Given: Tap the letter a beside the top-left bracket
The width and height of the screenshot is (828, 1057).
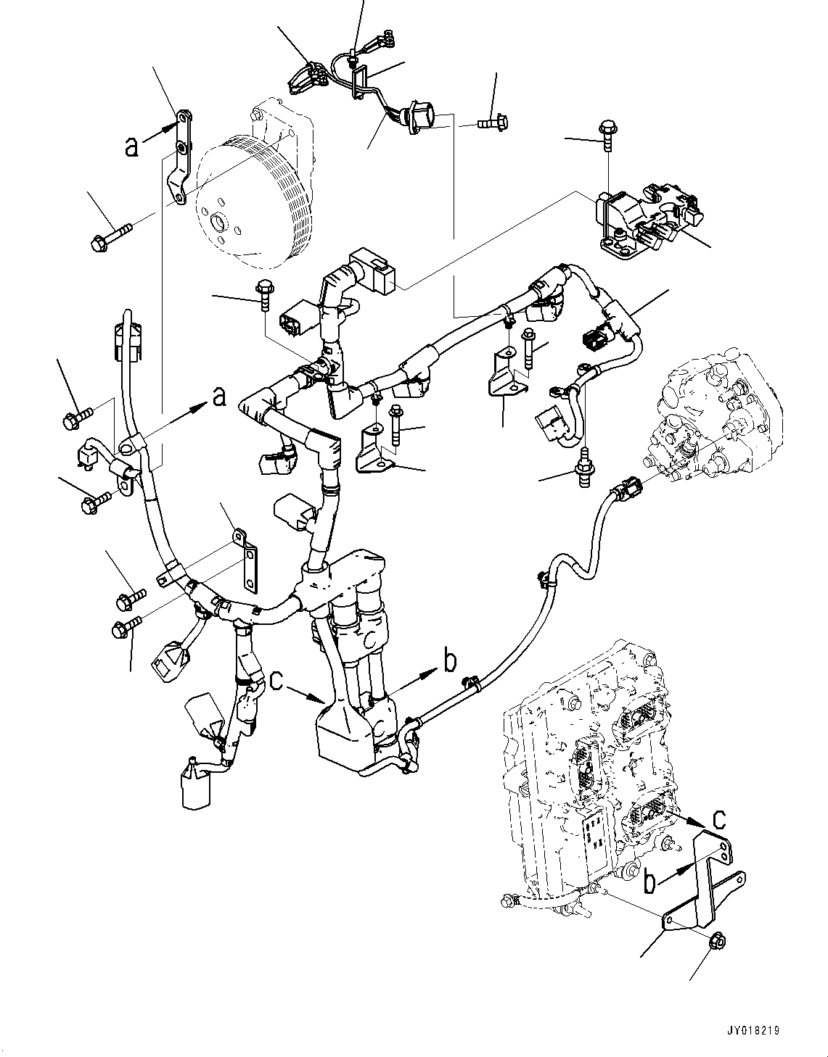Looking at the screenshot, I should [x=131, y=147].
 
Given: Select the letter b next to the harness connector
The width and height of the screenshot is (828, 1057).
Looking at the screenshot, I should [x=450, y=660].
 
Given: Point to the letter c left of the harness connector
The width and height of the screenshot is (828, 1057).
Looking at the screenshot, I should [x=276, y=681].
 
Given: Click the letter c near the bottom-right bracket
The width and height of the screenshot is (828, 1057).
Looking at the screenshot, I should [x=718, y=818].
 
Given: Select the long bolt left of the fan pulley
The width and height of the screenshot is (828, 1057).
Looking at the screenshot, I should [x=112, y=236].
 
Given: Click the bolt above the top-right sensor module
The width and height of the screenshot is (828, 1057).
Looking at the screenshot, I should [x=607, y=136].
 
